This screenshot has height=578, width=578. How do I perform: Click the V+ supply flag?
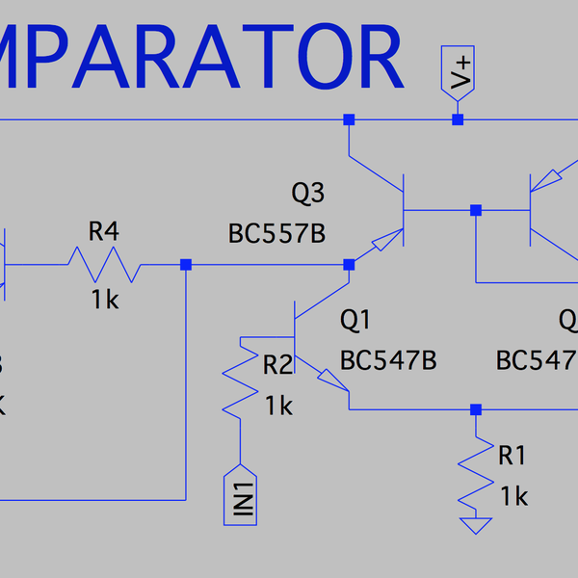tap(460, 71)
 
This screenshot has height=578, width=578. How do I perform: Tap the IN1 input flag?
tap(240, 495)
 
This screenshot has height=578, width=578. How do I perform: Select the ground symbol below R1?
tap(474, 526)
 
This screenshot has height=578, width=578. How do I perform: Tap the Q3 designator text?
tap(307, 194)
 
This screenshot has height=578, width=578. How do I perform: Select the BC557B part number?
tap(276, 234)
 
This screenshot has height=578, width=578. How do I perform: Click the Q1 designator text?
tap(355, 319)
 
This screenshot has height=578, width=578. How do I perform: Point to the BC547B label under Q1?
tap(388, 360)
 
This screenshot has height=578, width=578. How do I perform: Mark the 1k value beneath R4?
tap(105, 300)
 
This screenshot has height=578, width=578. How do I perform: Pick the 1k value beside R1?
tap(514, 496)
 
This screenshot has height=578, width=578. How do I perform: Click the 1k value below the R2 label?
tap(278, 406)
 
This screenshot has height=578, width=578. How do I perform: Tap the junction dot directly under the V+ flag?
tap(459, 119)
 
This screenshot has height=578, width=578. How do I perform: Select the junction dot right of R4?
tap(186, 264)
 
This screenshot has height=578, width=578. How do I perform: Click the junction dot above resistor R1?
tap(474, 408)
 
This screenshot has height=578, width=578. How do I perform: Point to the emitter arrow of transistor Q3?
tap(386, 241)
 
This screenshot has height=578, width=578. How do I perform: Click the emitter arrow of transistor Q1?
tap(331, 384)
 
